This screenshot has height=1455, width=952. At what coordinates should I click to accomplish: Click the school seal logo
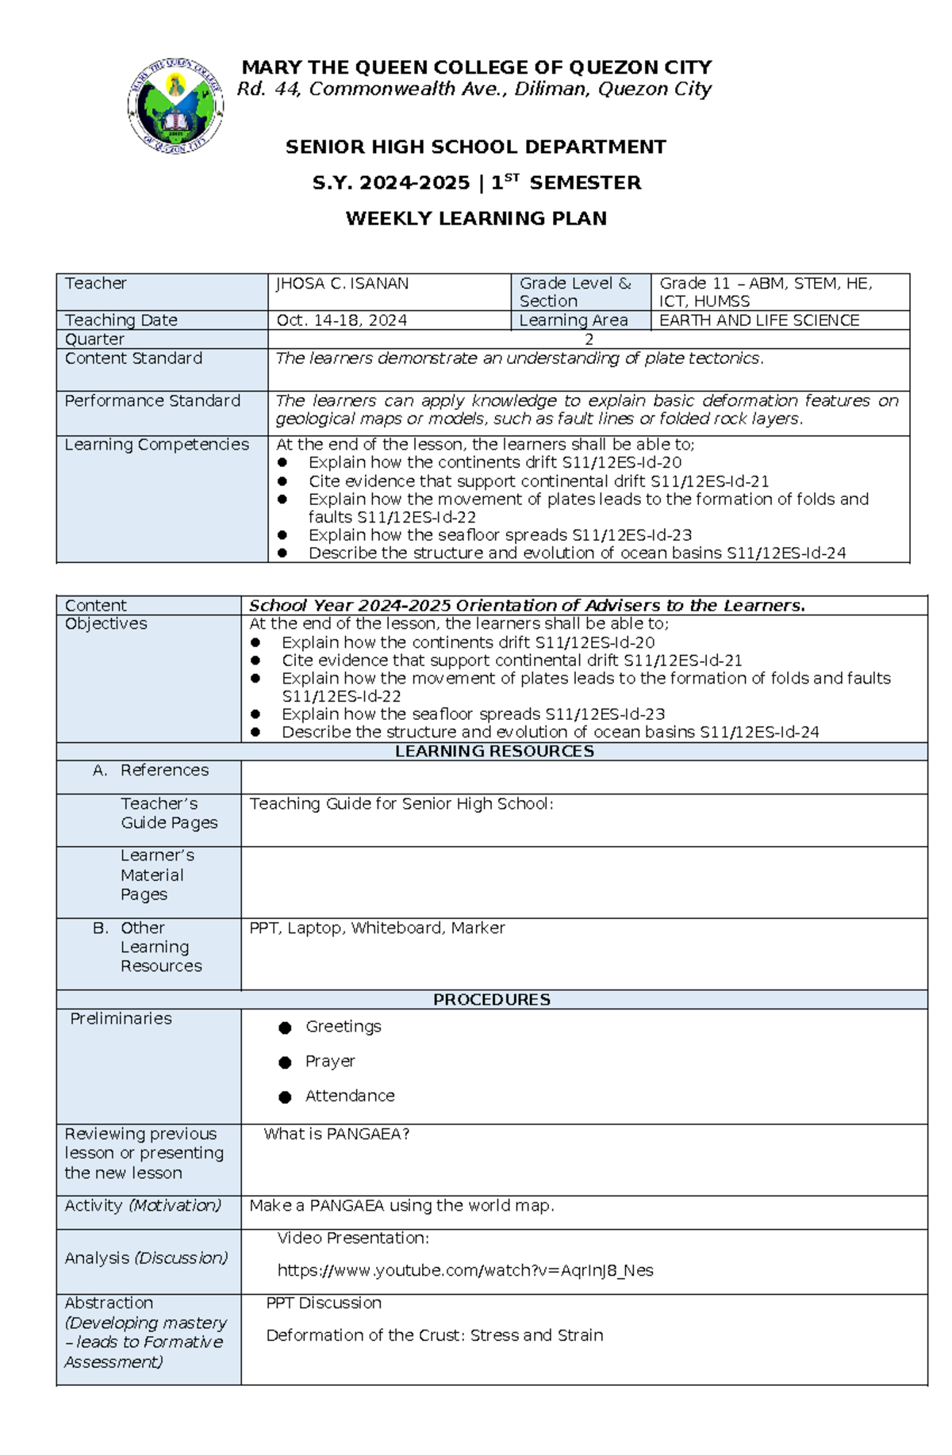click(175, 105)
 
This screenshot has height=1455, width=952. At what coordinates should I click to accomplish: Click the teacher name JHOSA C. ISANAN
click(342, 284)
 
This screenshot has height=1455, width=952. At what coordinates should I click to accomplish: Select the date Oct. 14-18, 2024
click(341, 320)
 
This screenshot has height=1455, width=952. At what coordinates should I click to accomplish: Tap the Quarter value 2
click(589, 339)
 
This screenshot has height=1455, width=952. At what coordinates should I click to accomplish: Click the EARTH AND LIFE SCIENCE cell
click(759, 320)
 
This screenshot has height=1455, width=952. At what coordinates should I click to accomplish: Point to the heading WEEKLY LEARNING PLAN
click(476, 219)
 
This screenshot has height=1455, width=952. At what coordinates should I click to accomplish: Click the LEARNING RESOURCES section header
click(494, 752)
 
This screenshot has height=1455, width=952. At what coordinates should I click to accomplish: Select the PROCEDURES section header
click(491, 1000)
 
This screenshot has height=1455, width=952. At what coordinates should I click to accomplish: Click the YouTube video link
click(465, 1271)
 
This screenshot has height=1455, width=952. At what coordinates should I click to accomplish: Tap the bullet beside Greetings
click(285, 1028)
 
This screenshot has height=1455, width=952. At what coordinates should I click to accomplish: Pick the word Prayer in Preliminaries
click(330, 1062)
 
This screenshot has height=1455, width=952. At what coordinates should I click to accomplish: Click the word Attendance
click(350, 1097)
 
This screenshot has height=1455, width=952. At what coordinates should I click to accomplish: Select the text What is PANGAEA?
click(336, 1135)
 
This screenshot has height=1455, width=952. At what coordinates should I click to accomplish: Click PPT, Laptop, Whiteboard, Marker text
click(377, 929)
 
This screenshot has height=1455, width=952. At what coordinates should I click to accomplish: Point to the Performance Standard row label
click(152, 401)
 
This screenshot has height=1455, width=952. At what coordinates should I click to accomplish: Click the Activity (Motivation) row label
click(143, 1206)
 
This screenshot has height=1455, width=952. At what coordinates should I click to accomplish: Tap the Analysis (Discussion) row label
click(146, 1258)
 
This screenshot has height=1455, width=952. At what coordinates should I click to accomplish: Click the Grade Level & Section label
click(575, 292)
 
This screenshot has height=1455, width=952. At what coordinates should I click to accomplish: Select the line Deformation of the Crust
click(434, 1336)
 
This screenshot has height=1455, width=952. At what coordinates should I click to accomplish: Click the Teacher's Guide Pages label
click(168, 814)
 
